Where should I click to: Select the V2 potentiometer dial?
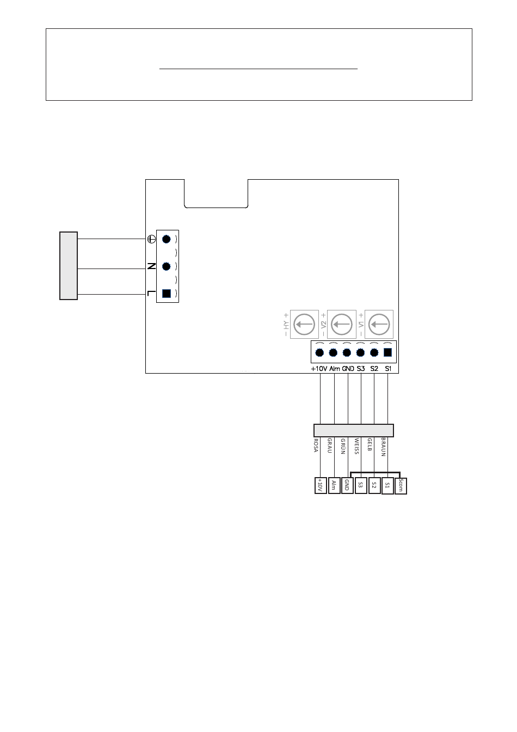pyautogui.click(x=342, y=325)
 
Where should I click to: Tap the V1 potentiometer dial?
pyautogui.click(x=379, y=325)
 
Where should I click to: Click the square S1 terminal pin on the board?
pyautogui.click(x=387, y=352)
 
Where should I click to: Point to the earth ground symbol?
pyautogui.click(x=152, y=239)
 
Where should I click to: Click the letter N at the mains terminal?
pyautogui.click(x=152, y=266)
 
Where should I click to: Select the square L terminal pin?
pyautogui.click(x=167, y=294)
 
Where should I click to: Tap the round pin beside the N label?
pyautogui.click(x=167, y=266)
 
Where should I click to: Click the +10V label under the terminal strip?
pyautogui.click(x=318, y=369)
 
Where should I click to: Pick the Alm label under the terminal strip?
pyautogui.click(x=334, y=369)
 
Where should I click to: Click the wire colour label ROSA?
pyautogui.click(x=316, y=446)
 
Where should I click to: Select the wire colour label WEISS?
pyautogui.click(x=356, y=446)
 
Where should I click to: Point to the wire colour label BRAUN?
pyautogui.click(x=383, y=446)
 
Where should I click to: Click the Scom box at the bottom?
pyautogui.click(x=401, y=485)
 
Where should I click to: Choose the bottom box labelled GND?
pyautogui.click(x=347, y=485)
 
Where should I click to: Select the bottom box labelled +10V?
pyautogui.click(x=321, y=485)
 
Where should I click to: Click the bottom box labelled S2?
pyautogui.click(x=374, y=485)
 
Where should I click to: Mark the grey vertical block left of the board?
pyautogui.click(x=69, y=266)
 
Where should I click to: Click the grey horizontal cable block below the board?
pyautogui.click(x=353, y=430)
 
